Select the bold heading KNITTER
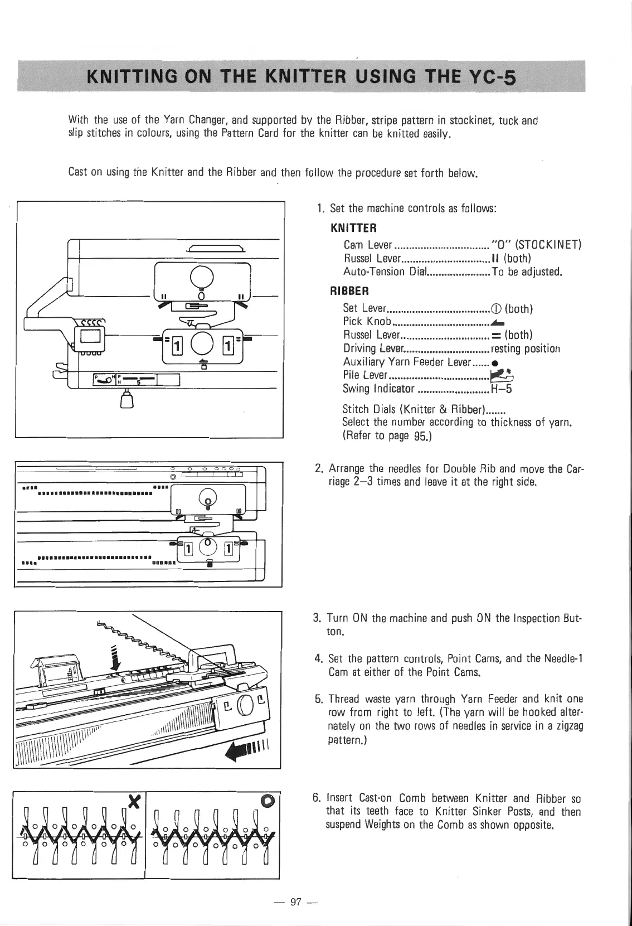pos(354,228)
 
